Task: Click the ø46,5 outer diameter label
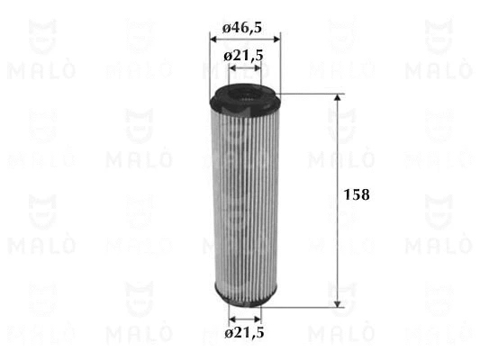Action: click(x=242, y=28)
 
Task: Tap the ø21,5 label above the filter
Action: click(x=244, y=56)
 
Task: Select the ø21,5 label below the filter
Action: click(x=244, y=332)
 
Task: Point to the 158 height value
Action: click(x=357, y=194)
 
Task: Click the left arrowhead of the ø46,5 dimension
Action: click(x=213, y=40)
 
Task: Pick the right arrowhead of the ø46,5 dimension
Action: click(x=276, y=40)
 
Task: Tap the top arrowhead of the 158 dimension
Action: click(x=338, y=97)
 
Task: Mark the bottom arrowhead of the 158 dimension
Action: click(x=338, y=303)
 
